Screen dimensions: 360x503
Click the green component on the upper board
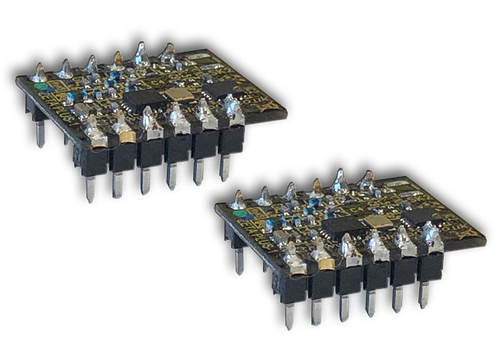[39, 84]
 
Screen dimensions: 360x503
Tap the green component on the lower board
[238, 213]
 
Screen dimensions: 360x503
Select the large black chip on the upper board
[145, 99]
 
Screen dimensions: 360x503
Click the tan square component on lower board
[377, 221]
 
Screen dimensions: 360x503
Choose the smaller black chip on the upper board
[218, 88]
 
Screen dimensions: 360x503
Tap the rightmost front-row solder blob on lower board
[430, 237]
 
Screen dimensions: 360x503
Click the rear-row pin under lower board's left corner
[238, 260]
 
